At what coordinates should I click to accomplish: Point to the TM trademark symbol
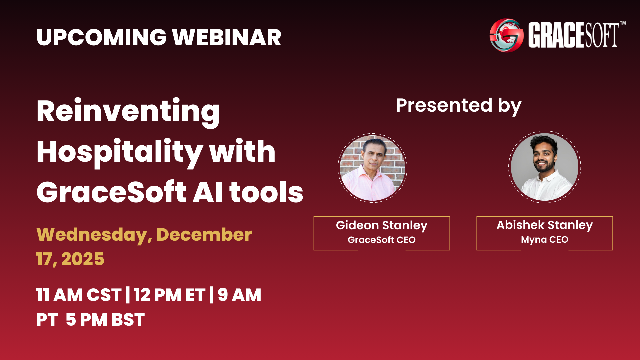coord(623,23)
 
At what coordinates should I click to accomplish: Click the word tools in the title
coord(266,192)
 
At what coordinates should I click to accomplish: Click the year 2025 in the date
coord(83,259)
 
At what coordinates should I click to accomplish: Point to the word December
coord(204,234)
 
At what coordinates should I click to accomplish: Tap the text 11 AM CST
coord(79,295)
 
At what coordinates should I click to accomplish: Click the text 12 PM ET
coord(169,295)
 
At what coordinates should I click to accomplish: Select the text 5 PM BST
coord(105,320)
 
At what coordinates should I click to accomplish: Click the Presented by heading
coord(458,106)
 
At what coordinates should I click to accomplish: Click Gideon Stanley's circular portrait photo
coord(372,168)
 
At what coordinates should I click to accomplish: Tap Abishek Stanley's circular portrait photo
coord(544,167)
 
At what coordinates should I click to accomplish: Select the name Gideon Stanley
coord(381,225)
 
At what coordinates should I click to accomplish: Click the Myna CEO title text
coord(544,239)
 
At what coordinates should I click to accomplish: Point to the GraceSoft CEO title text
coord(381,240)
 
